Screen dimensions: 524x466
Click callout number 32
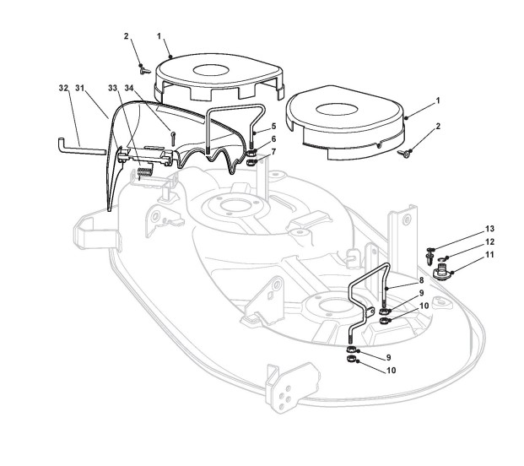[x=63, y=89]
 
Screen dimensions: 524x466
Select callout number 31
[x=79, y=89]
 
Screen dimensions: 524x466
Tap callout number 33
[x=112, y=89]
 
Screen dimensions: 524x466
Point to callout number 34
[x=129, y=89]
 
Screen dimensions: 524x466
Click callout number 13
[x=489, y=229]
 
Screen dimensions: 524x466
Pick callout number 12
[x=489, y=242]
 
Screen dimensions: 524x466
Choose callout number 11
[x=489, y=255]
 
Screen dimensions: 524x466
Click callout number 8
[x=421, y=280]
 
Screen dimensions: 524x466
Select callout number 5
[x=273, y=127]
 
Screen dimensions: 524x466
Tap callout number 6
[x=273, y=139]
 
